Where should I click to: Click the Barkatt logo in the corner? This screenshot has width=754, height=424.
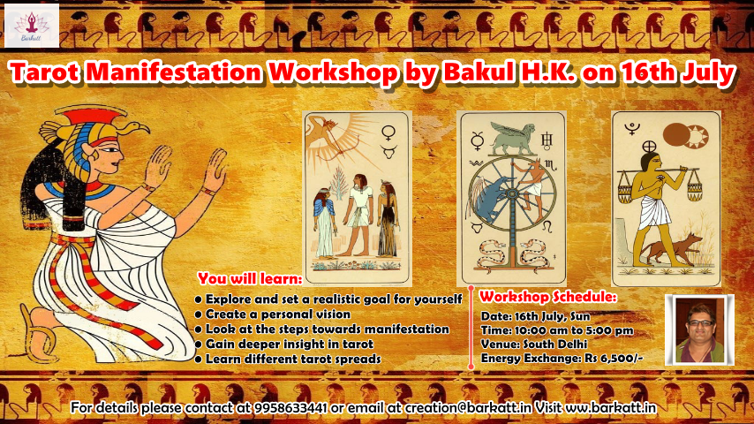(x=32, y=25)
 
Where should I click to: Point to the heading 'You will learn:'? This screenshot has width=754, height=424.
(x=249, y=277)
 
